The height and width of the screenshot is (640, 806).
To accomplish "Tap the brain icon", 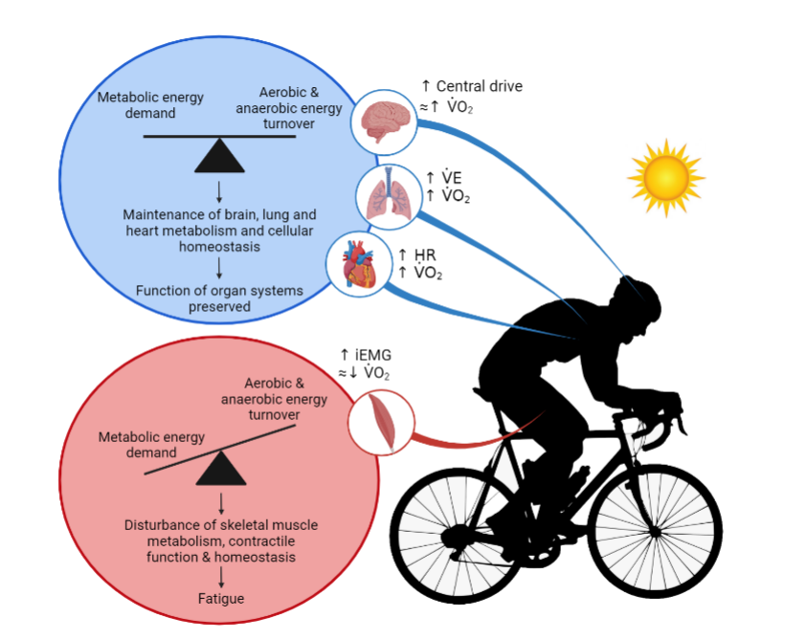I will pyautogui.click(x=383, y=121).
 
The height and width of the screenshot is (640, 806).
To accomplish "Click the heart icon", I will pyautogui.click(x=359, y=263).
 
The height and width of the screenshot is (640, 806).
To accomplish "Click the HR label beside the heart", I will pyautogui.click(x=425, y=254).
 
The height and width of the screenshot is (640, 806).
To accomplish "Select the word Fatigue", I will pyautogui.click(x=221, y=599).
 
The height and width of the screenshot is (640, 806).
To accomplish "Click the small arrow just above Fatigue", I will pyautogui.click(x=221, y=576).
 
